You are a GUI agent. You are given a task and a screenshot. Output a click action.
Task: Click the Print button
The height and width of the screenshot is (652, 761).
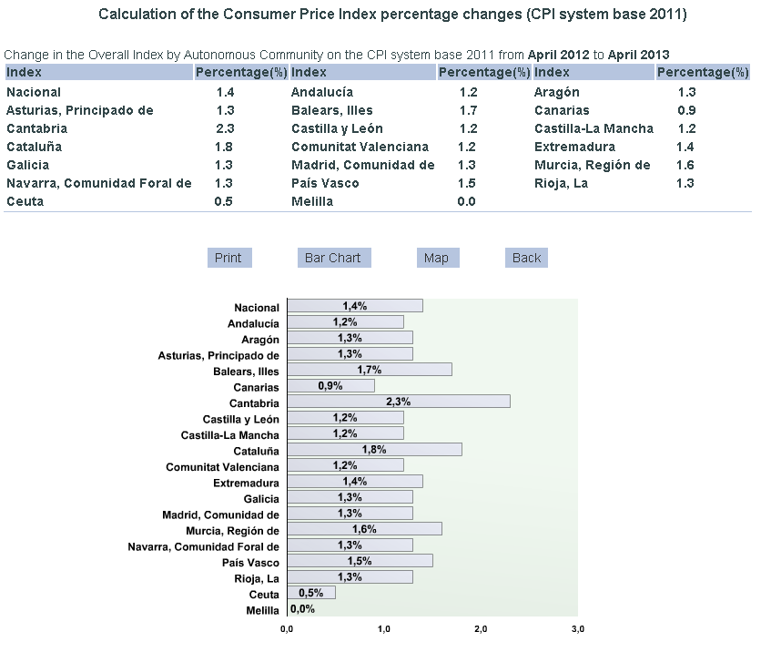click(228, 258)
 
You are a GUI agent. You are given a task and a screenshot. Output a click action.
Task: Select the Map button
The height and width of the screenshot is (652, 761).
click(436, 258)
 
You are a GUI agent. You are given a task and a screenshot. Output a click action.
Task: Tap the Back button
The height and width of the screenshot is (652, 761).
click(526, 258)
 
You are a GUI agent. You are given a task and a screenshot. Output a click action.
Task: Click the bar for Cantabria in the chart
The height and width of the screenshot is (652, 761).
click(398, 402)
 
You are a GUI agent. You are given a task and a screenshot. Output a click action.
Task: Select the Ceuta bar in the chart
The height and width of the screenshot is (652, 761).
click(310, 593)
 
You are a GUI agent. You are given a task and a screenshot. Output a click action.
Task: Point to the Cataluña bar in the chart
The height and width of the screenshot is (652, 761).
click(374, 450)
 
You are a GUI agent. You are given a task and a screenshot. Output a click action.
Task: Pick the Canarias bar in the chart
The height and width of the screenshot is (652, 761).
click(330, 386)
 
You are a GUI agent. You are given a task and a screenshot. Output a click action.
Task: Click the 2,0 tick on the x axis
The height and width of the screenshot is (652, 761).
click(481, 629)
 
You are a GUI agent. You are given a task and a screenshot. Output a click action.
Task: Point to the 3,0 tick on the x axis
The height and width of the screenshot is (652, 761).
click(577, 629)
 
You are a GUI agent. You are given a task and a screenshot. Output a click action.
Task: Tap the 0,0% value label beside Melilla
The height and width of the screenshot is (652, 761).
click(302, 609)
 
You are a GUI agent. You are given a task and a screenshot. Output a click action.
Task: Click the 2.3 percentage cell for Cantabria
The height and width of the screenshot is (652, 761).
click(225, 128)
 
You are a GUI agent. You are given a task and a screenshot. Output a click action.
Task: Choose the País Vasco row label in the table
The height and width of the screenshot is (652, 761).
click(325, 183)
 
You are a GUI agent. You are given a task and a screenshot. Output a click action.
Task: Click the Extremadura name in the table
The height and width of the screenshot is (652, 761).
click(574, 147)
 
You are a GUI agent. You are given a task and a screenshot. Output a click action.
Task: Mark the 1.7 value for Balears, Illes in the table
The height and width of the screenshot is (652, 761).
click(467, 110)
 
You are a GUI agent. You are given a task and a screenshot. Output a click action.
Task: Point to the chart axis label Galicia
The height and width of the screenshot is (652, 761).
click(261, 498)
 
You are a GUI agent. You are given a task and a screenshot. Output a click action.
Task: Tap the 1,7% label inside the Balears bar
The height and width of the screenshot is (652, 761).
click(369, 370)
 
